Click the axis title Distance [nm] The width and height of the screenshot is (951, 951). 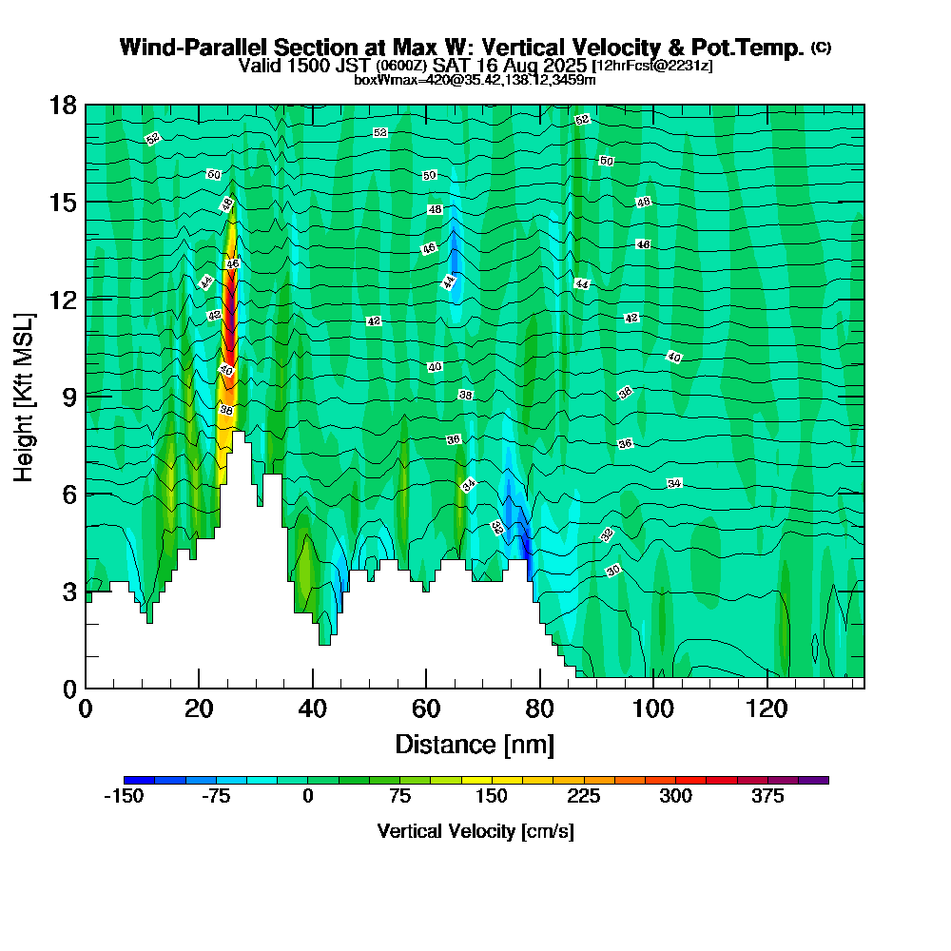[475, 744]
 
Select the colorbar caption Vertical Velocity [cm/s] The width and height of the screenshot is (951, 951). [475, 831]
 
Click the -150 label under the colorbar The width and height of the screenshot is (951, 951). [124, 797]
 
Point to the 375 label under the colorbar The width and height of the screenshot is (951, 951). [767, 797]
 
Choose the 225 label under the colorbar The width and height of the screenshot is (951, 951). [584, 797]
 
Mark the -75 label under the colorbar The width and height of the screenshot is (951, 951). [216, 797]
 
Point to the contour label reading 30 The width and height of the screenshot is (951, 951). [613, 571]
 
